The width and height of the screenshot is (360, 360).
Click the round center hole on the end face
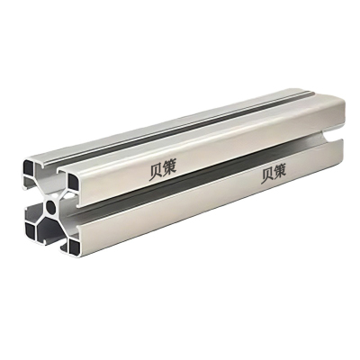pos(53,206)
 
